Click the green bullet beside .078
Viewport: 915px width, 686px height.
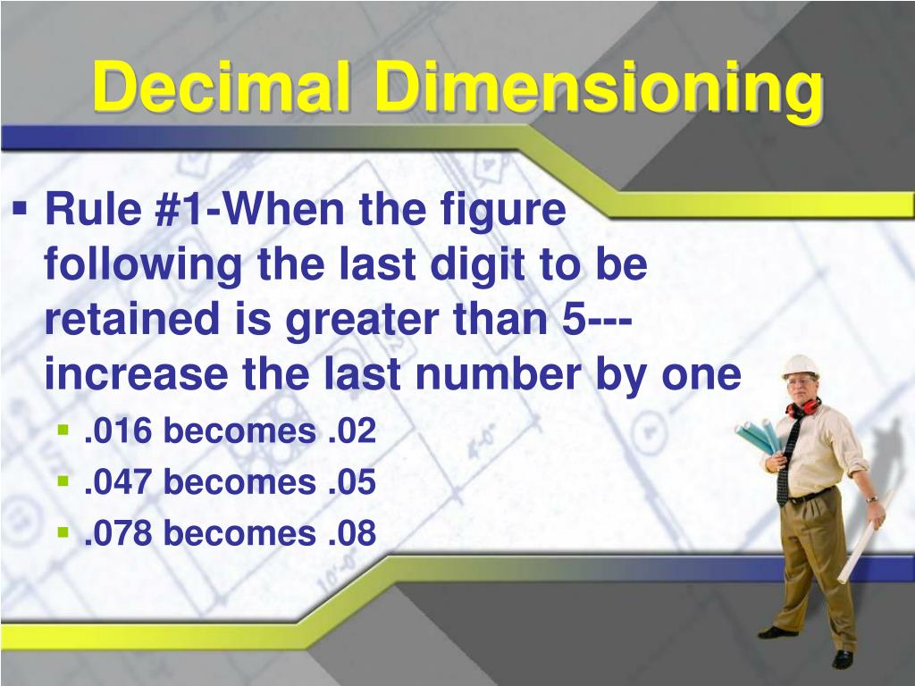point(63,531)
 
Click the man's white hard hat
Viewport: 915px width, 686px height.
point(799,366)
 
